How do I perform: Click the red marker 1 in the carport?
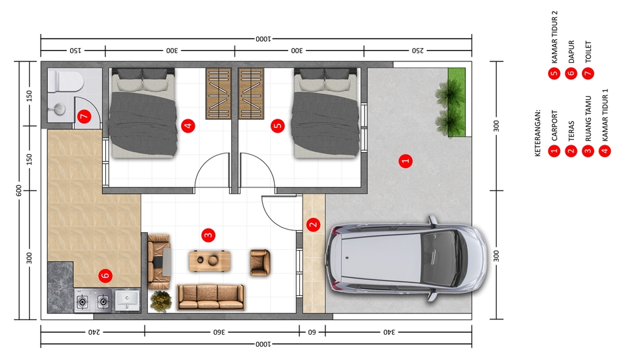tap(405, 161)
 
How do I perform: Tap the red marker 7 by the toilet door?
tap(84, 117)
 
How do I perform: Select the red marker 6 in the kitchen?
tap(105, 275)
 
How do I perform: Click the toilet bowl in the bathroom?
tap(66, 81)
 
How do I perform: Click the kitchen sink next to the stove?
tap(127, 301)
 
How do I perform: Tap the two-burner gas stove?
tap(93, 301)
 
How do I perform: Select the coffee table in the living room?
tap(210, 261)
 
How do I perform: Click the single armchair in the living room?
tap(260, 263)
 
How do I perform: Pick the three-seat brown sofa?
tap(211, 297)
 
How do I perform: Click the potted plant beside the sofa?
tap(161, 301)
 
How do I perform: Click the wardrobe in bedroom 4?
tap(219, 93)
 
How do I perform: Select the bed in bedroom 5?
tap(326, 113)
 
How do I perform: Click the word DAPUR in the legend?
tap(571, 51)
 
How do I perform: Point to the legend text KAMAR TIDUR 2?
tap(554, 37)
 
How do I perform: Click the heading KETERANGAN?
tap(537, 133)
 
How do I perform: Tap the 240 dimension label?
tap(94, 332)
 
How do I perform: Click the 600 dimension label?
tap(19, 190)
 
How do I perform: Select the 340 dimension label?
tap(389, 332)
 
